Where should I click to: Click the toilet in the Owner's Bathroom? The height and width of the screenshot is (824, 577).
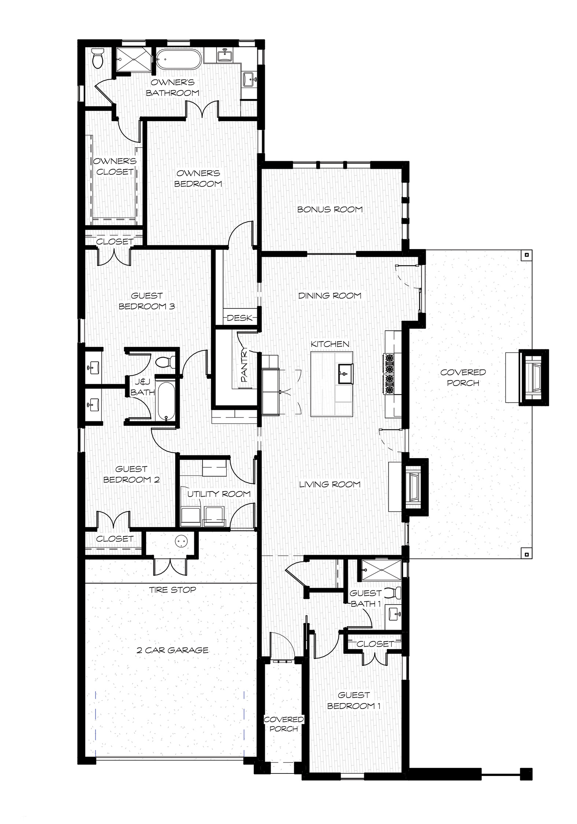[97, 58]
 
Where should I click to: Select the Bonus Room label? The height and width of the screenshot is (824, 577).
[330, 209]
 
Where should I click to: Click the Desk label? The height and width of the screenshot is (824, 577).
[240, 318]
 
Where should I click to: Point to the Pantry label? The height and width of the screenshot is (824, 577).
[244, 366]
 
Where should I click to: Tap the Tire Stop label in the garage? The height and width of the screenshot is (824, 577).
[173, 590]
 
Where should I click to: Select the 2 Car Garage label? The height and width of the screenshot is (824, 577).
[173, 650]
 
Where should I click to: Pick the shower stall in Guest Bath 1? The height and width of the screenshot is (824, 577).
[381, 570]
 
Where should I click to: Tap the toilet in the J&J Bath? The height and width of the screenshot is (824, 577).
[164, 361]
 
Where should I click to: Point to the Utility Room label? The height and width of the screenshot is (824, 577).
[219, 494]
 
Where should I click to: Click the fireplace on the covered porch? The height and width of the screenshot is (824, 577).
[534, 378]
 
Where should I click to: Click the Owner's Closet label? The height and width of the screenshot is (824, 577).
[115, 166]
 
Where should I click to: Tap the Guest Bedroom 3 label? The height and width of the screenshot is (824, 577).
[147, 301]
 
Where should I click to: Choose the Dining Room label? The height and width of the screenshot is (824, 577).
[330, 296]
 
